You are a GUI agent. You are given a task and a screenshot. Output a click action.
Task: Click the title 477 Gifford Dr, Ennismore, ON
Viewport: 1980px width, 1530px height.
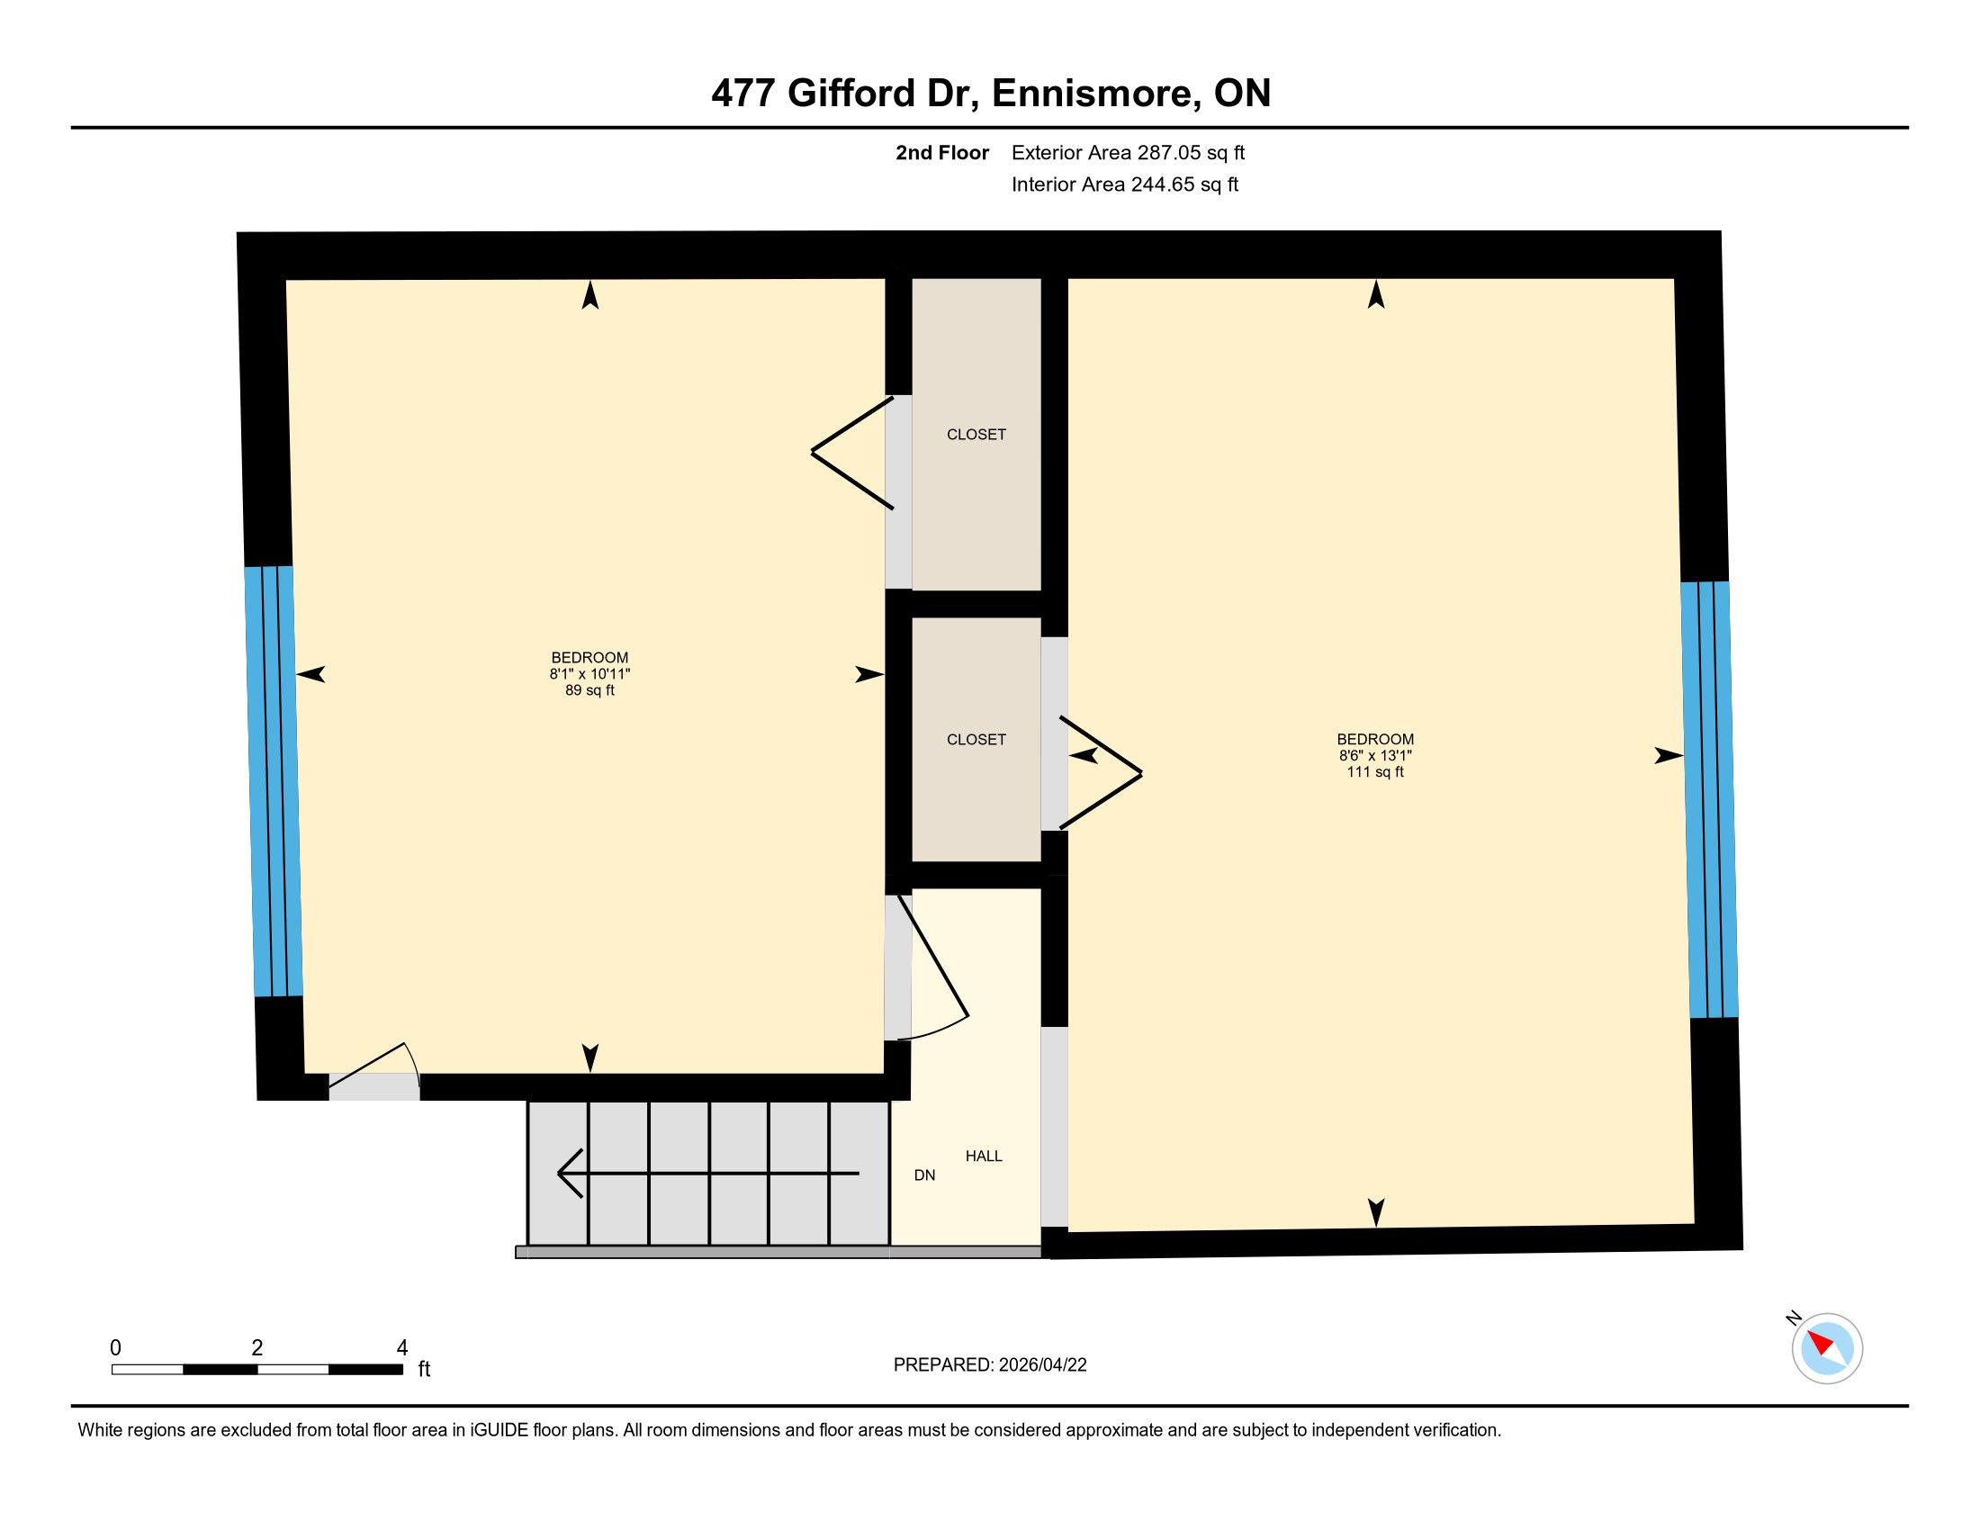991,94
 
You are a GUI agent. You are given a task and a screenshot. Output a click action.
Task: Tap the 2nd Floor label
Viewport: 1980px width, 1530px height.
942,153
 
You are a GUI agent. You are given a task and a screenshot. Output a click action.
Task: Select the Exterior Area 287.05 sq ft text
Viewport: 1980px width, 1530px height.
1128,153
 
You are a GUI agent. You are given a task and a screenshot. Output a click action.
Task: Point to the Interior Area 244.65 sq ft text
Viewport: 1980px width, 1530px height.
1125,184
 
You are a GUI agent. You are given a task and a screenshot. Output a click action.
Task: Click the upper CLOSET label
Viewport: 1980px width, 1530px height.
976,435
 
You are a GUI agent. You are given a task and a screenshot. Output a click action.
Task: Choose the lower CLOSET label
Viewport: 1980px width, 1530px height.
976,740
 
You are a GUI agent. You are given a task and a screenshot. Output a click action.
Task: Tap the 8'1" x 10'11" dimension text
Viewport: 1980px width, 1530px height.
589,674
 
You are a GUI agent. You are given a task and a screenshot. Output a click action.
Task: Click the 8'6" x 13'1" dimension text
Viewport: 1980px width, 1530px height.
1375,756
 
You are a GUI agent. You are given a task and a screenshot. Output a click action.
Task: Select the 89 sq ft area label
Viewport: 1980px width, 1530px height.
589,690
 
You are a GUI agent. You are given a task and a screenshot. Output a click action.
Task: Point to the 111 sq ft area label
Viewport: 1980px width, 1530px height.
1375,772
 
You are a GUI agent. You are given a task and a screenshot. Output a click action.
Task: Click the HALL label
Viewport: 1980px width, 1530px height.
984,1156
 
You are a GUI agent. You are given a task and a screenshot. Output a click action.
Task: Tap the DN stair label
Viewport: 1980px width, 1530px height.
924,1175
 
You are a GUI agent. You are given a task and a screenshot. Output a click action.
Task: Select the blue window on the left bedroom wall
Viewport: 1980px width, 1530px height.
273,781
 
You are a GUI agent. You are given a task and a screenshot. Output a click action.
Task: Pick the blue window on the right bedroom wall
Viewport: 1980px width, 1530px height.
1710,799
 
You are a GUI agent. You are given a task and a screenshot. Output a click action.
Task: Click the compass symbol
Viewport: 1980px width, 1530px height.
1827,1348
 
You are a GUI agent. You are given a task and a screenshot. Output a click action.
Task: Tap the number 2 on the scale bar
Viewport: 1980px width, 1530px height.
257,1348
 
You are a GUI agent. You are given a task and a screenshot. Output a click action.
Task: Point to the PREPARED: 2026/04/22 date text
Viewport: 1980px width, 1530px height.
990,1365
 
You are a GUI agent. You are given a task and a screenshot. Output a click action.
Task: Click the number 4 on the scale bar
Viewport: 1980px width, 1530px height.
401,1348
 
